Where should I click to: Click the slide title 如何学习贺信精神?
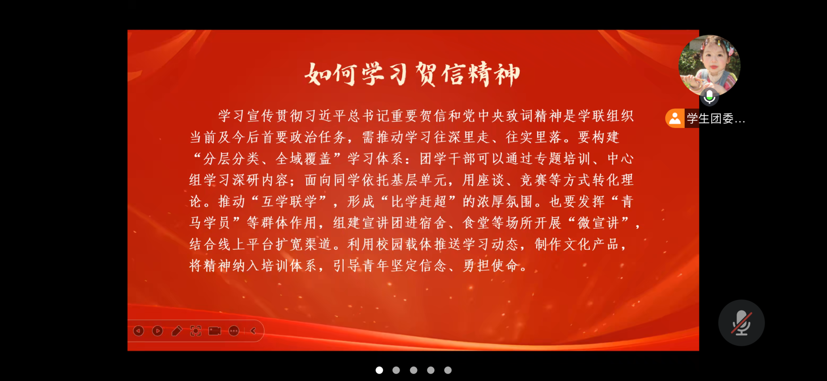[x=412, y=74]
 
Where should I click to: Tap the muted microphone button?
[x=741, y=322]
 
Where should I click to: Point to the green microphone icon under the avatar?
[x=709, y=97]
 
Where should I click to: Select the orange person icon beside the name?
[x=675, y=118]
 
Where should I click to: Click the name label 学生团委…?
[x=716, y=119]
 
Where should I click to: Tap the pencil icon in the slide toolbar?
[x=176, y=331]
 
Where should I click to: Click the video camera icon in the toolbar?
[x=215, y=331]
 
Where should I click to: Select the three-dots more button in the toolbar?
[x=234, y=331]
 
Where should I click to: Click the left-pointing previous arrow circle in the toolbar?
[x=139, y=331]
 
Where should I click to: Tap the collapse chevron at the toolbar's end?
[x=253, y=331]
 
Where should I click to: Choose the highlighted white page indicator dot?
[x=379, y=370]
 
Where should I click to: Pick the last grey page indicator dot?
[x=448, y=370]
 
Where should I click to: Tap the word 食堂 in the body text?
[x=476, y=222]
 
